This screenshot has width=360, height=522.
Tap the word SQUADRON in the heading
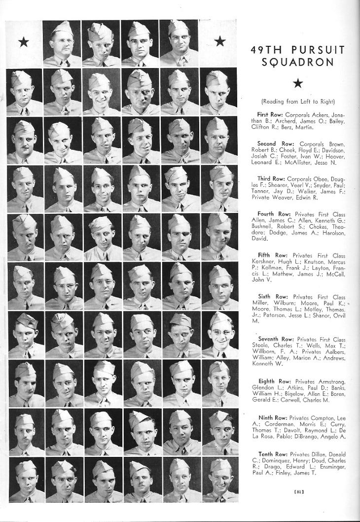click(x=297, y=63)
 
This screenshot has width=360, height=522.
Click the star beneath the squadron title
click(x=297, y=83)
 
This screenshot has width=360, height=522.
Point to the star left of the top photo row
click(x=23, y=42)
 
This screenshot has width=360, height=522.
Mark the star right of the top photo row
click(x=219, y=41)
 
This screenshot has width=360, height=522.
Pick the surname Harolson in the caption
click(x=332, y=233)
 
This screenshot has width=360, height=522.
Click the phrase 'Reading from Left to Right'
click(x=297, y=102)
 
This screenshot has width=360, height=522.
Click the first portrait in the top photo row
click(x=62, y=43)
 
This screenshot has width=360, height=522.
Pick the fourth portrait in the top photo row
click(x=179, y=43)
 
